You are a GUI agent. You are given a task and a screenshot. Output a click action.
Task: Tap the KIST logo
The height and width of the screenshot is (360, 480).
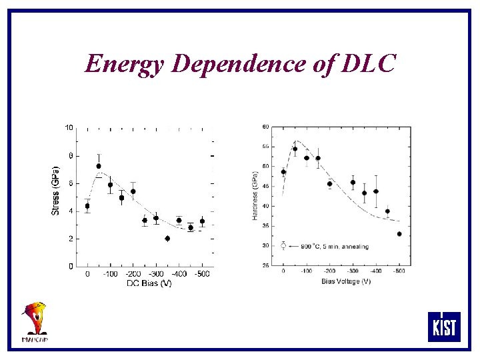[x=443, y=327]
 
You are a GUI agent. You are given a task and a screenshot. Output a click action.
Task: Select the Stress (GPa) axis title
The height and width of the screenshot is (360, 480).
[x=56, y=190]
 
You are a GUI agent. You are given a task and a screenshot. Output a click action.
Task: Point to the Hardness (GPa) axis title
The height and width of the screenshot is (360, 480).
[x=255, y=193]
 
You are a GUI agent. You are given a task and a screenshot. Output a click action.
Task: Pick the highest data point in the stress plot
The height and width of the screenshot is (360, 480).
[x=99, y=166]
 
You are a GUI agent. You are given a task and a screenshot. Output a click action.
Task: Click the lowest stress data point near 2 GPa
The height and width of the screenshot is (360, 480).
[x=167, y=238]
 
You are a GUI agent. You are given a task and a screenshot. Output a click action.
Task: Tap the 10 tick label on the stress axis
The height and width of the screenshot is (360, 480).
[x=69, y=127]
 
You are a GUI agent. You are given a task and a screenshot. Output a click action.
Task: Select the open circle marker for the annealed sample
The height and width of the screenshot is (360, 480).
[x=283, y=246]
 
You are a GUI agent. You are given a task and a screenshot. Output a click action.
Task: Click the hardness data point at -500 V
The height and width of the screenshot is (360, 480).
[x=399, y=234]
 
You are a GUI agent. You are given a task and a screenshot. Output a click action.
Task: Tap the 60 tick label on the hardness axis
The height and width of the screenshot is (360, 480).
[x=266, y=127]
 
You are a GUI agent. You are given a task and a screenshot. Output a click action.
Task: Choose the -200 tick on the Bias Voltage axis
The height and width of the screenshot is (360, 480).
[x=329, y=272]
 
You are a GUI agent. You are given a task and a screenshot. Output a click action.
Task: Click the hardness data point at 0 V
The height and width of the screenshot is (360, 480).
[x=283, y=172]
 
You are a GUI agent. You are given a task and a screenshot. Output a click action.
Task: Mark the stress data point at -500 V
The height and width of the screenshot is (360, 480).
[x=202, y=221]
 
